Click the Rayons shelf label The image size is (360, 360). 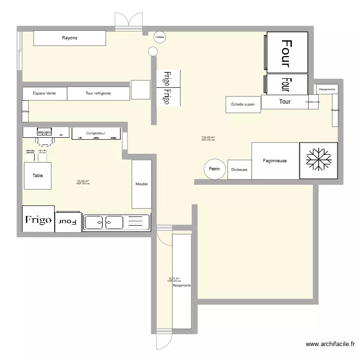(70, 38)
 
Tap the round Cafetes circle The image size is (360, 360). (159, 37)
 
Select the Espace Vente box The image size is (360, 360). (44, 94)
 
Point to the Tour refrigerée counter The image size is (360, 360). (98, 94)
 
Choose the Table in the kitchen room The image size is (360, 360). (37, 176)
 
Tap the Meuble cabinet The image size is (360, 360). (142, 184)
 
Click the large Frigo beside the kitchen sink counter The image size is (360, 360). (38, 220)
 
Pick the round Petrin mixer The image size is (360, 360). (215, 169)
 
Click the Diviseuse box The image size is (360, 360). (239, 170)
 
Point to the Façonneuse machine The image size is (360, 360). (275, 161)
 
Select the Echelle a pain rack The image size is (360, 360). (243, 104)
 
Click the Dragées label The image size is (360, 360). (335, 110)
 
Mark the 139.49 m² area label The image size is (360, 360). (208, 138)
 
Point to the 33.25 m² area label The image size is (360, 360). (83, 182)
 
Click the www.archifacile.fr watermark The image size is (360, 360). (331, 344)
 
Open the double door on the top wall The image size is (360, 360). (129, 21)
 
